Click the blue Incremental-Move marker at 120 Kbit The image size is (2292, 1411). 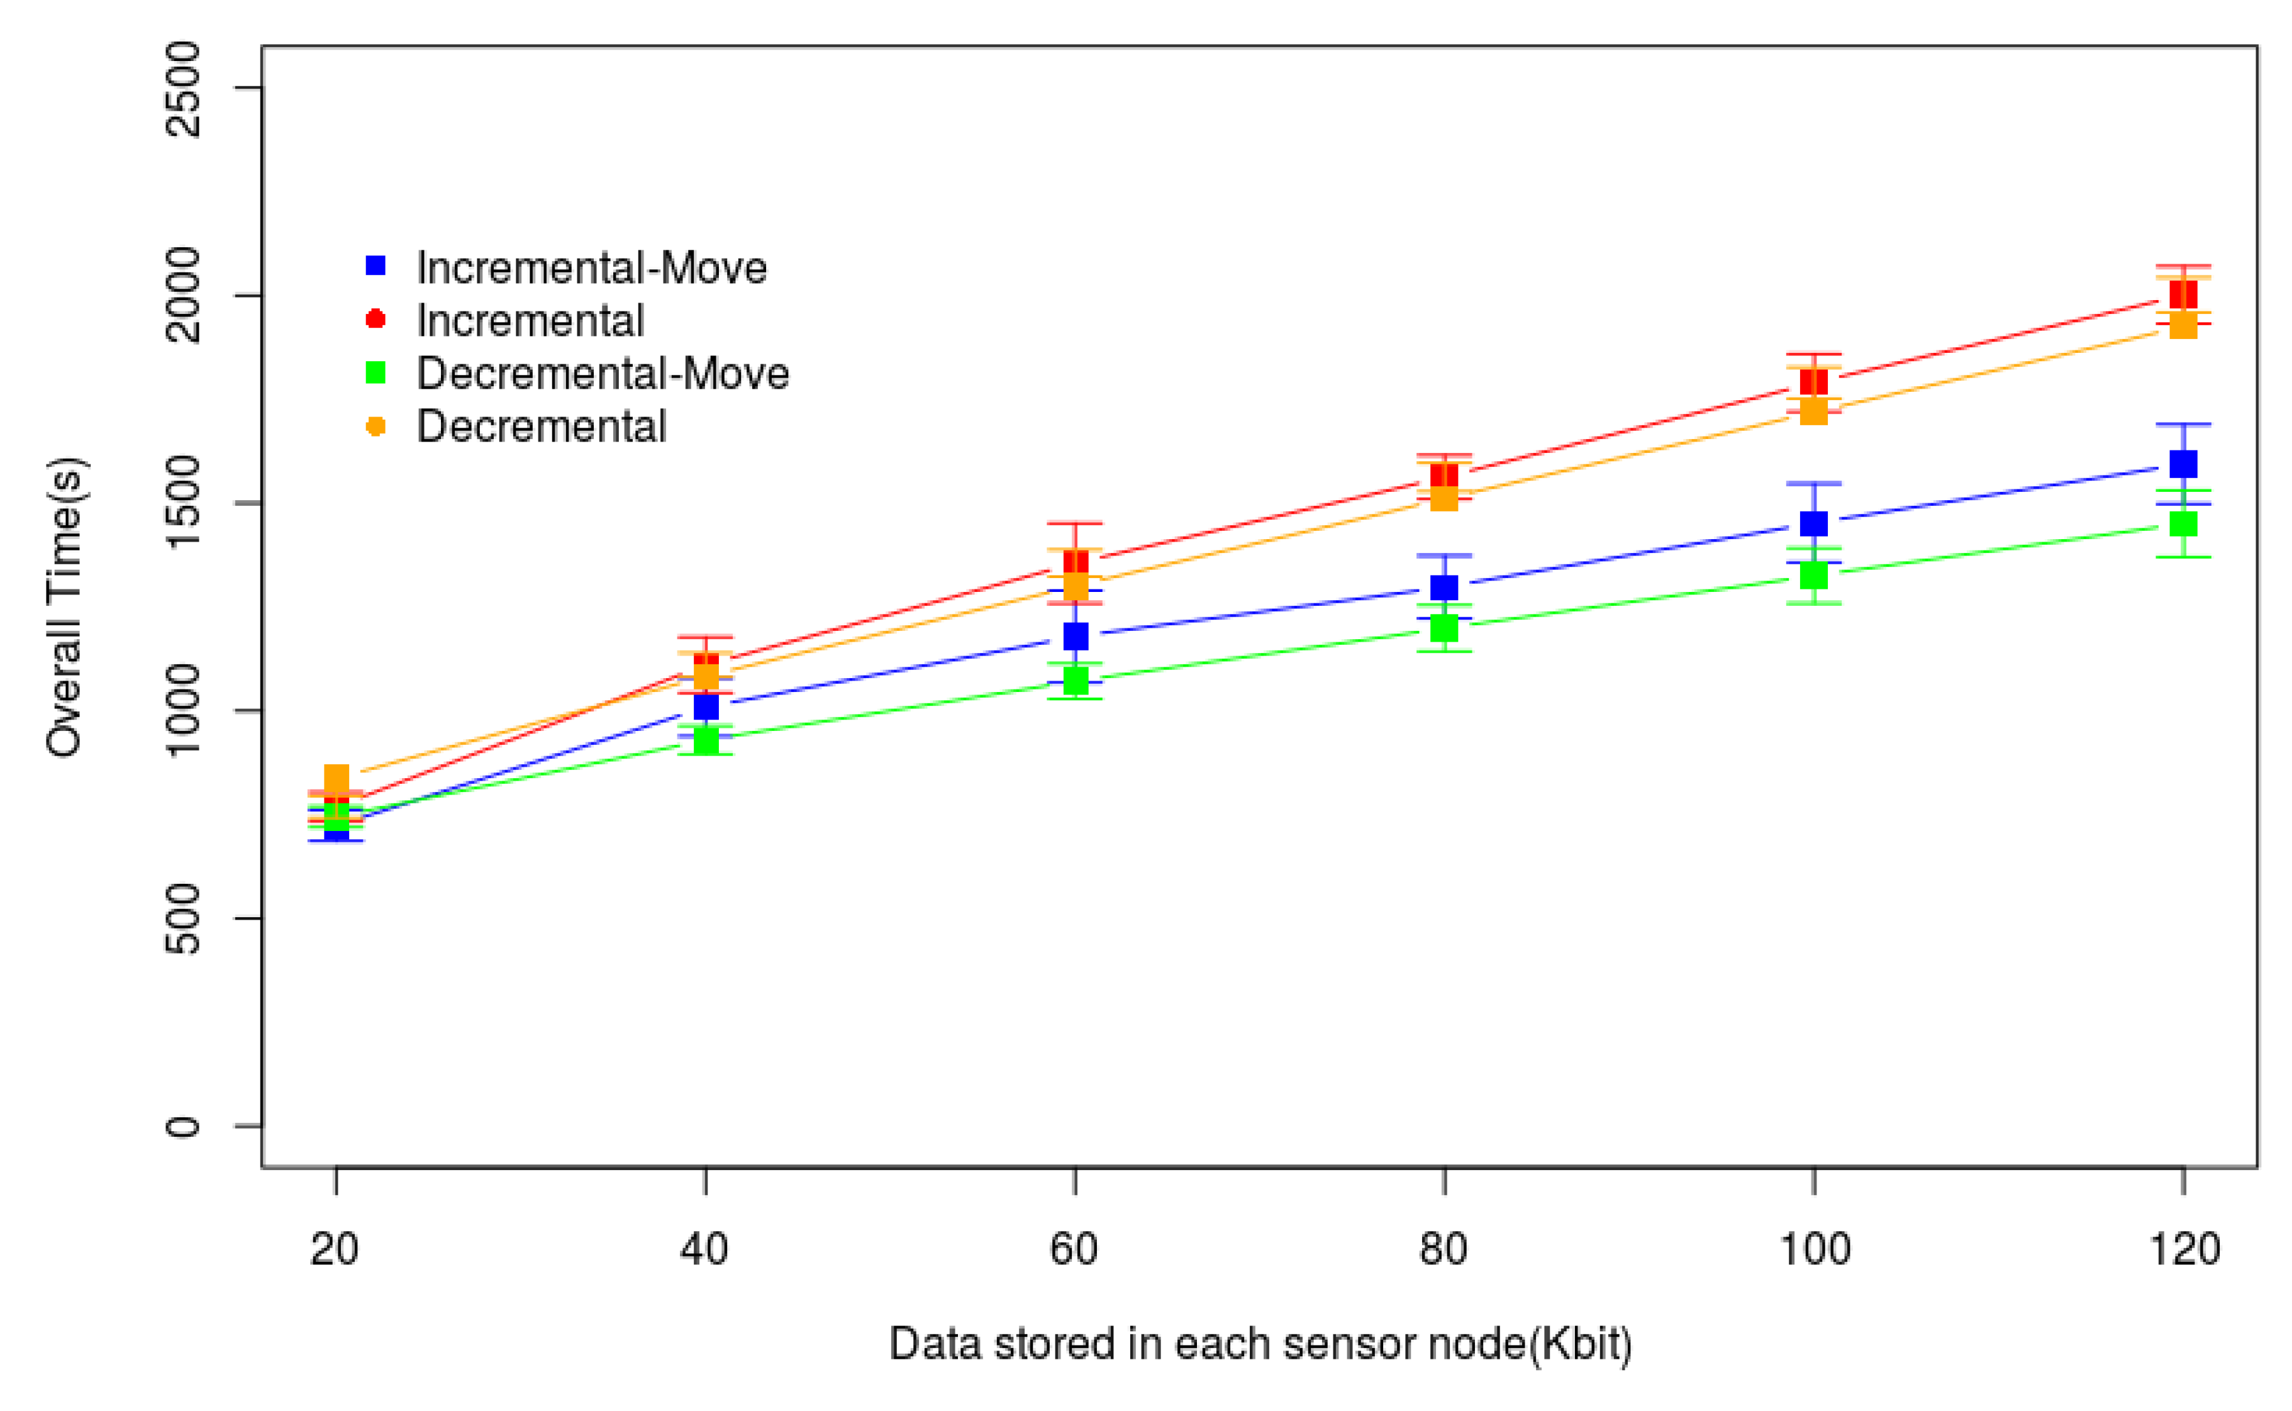click(x=2182, y=464)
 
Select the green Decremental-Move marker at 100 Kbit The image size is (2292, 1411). click(x=1813, y=575)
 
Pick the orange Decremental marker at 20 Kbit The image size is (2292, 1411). click(x=336, y=778)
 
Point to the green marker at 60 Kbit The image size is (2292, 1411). click(x=1075, y=680)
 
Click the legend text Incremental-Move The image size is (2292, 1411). click(x=591, y=269)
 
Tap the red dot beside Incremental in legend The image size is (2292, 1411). click(x=375, y=319)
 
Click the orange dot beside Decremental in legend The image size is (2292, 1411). click(x=375, y=427)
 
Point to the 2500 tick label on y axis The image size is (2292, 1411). click(x=182, y=89)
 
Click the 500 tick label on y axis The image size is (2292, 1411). click(x=182, y=918)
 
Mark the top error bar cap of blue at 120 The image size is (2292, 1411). click(x=2182, y=425)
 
